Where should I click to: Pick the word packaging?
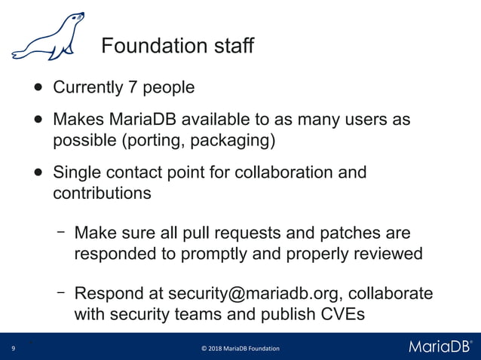(235, 141)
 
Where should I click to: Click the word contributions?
(102, 193)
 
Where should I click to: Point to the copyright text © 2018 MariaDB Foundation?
(240, 348)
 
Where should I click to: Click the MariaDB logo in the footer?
(440, 346)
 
